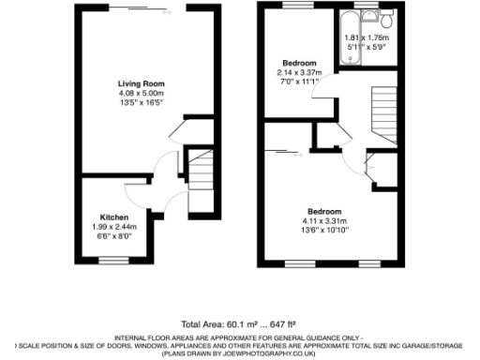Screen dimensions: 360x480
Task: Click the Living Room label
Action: coord(140,83)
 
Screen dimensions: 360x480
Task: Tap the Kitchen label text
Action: coord(114,216)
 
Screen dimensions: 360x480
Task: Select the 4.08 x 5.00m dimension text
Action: coord(140,93)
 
